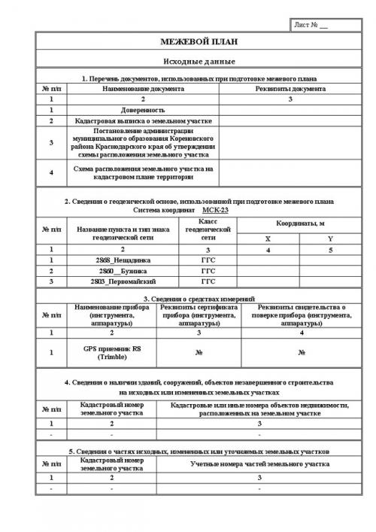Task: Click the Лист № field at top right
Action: pos(313,26)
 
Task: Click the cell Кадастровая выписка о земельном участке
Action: pos(143,120)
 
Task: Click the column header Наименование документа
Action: pos(143,88)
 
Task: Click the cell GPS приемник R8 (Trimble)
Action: pos(110,353)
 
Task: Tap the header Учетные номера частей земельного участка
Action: pos(259,464)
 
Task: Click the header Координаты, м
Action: pos(299,223)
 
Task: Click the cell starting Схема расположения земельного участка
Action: pos(143,173)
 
